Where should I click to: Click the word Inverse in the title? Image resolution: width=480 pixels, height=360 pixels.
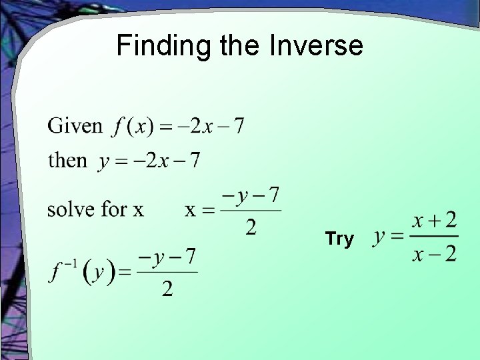[x=317, y=46]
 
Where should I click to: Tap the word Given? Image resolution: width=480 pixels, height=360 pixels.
[x=75, y=125]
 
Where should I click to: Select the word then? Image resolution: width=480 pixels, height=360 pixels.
[x=67, y=161]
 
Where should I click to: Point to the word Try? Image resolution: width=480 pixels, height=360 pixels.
[x=339, y=239]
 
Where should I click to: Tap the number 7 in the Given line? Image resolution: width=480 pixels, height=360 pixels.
[x=238, y=125]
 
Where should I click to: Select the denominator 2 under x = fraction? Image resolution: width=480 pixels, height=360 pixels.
[x=251, y=228]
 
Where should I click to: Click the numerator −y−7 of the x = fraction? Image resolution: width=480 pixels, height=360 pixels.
[x=250, y=195]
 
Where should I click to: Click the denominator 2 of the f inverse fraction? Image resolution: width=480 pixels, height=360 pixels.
[x=167, y=288]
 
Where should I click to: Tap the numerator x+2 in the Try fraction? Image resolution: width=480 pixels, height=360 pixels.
[x=434, y=219]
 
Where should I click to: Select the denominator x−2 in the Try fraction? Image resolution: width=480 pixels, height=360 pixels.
[x=434, y=254]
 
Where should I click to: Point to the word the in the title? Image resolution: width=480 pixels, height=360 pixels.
[x=244, y=46]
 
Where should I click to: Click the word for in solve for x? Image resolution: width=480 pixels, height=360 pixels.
[x=114, y=209]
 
